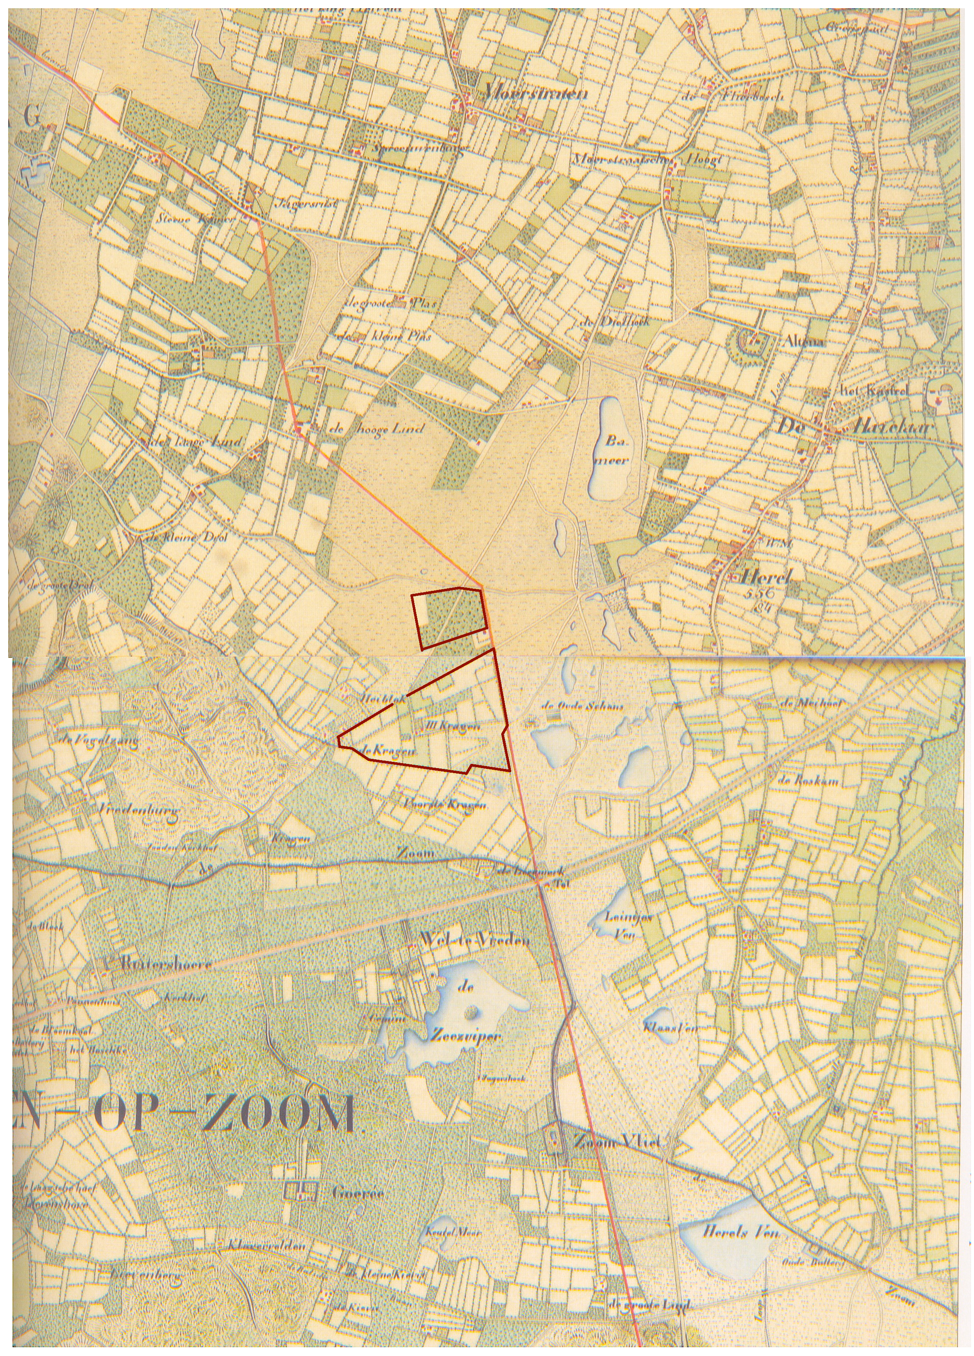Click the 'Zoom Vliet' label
(x=616, y=1143)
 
